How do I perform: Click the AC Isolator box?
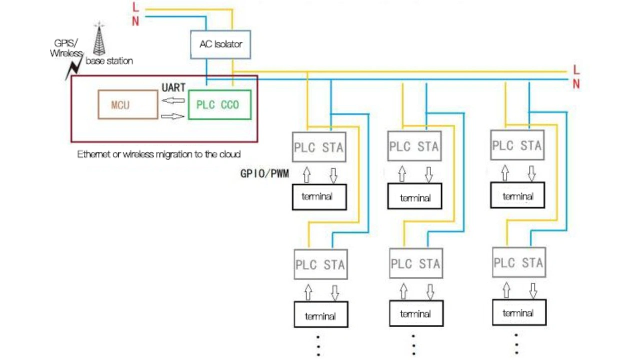(220, 44)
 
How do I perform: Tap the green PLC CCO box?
(219, 105)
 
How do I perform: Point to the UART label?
(173, 88)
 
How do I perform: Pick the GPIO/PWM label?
(264, 174)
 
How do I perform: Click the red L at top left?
(135, 7)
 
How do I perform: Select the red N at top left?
(135, 21)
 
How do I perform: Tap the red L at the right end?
(576, 70)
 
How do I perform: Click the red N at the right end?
(576, 84)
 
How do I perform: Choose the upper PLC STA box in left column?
(318, 147)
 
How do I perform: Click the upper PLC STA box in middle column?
(414, 146)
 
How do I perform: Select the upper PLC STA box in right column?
(517, 145)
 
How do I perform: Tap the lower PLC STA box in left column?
(320, 264)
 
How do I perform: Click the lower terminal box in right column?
(518, 313)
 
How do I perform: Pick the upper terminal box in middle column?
(414, 197)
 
